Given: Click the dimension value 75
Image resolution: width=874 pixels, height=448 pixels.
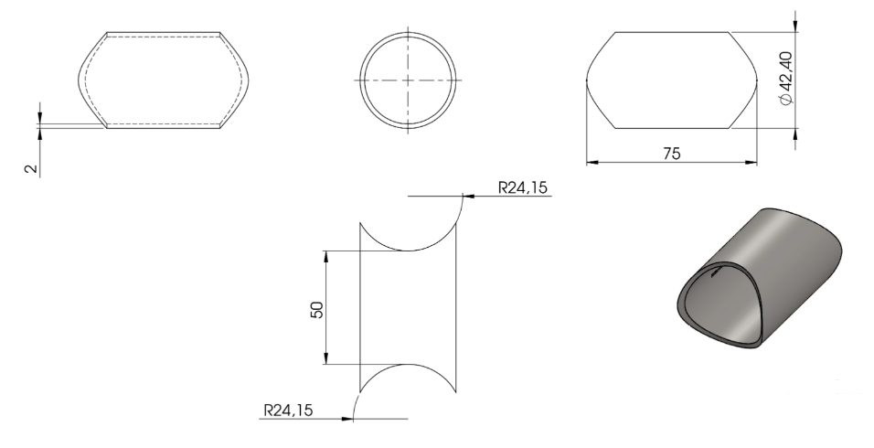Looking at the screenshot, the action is pyautogui.click(x=672, y=154).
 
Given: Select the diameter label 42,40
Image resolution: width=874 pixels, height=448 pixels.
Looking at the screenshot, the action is pyautogui.click(x=785, y=70).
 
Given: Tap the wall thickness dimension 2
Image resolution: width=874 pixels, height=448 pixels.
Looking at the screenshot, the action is pyautogui.click(x=32, y=168).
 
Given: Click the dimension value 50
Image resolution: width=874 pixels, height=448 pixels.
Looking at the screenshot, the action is pyautogui.click(x=316, y=309).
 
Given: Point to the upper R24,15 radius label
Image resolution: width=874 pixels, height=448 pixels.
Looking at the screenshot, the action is pyautogui.click(x=523, y=187).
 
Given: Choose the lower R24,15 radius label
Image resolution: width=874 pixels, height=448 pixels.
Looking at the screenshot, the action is pyautogui.click(x=288, y=411).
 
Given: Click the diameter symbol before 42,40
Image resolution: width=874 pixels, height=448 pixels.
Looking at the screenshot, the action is pyautogui.click(x=785, y=98).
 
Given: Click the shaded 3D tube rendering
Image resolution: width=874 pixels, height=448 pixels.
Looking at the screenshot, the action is pyautogui.click(x=759, y=279).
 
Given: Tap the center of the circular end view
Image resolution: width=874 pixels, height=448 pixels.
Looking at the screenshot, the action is pyautogui.click(x=408, y=80).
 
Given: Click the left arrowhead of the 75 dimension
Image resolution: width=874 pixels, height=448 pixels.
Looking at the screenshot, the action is pyautogui.click(x=592, y=163).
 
